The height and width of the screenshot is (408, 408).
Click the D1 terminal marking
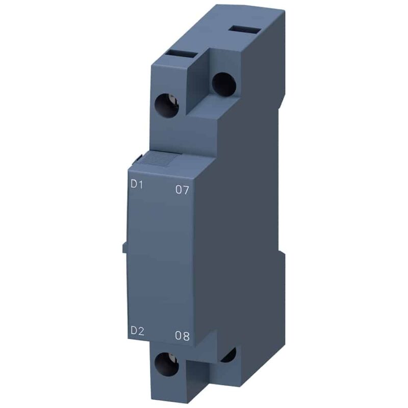point(137,185)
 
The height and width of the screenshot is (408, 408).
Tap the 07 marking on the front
point(182,190)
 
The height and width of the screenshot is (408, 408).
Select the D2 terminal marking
point(137,330)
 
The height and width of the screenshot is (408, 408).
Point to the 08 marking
point(182,336)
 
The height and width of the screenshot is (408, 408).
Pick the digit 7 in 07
point(186,190)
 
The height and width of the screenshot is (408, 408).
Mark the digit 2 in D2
point(141,330)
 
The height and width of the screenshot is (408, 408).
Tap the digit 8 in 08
point(186,336)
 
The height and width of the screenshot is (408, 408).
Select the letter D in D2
point(133,330)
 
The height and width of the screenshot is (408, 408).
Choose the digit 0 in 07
point(178,190)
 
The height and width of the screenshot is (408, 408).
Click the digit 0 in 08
point(178,336)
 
